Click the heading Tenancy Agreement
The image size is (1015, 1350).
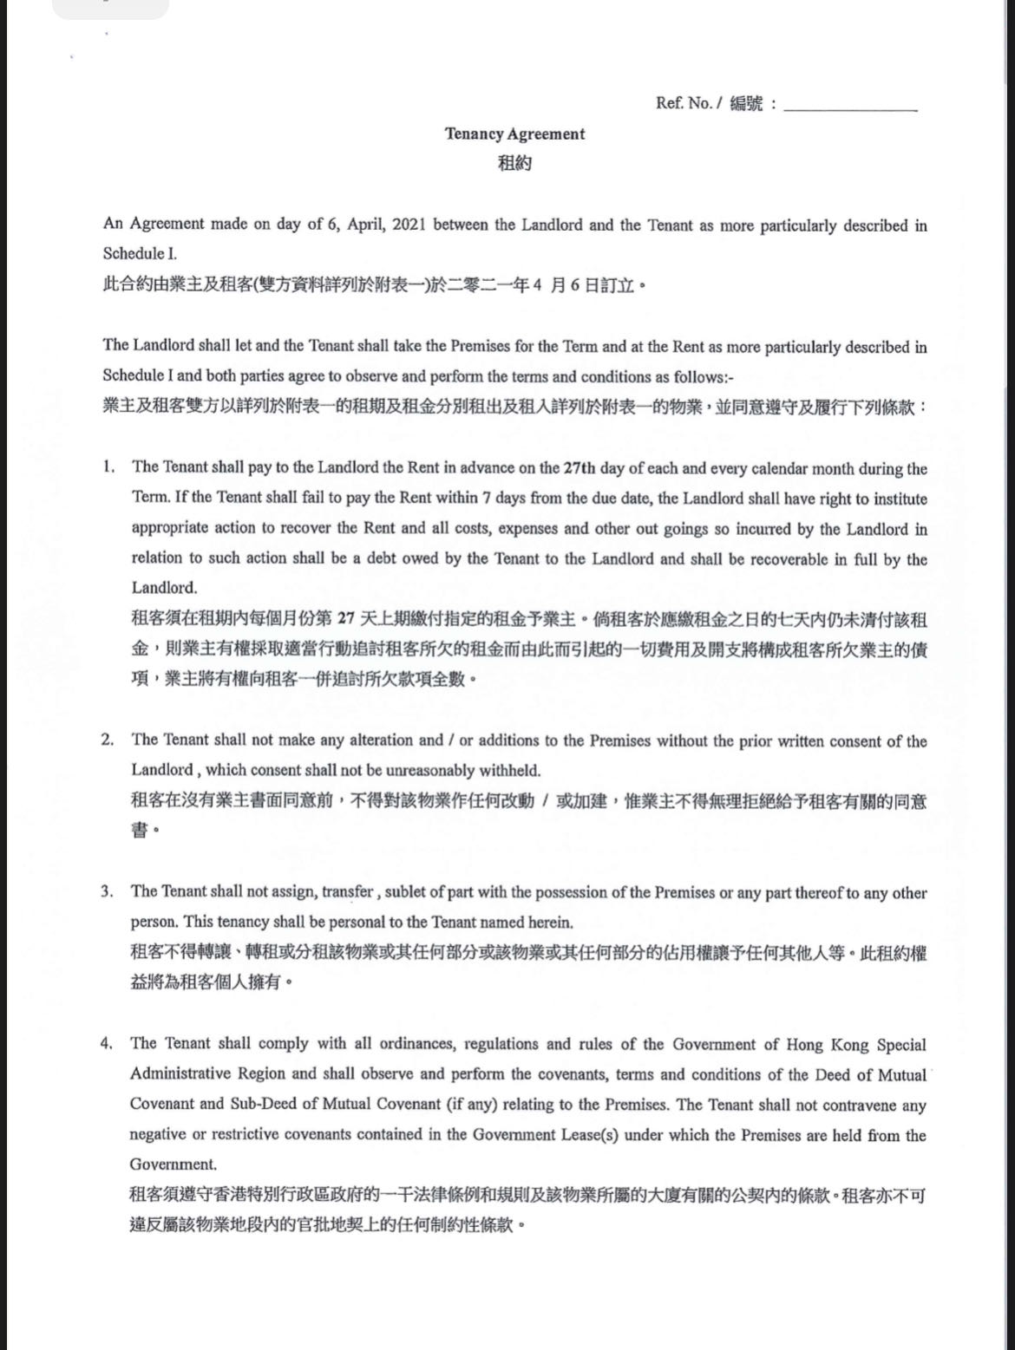514,134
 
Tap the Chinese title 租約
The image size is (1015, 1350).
514,162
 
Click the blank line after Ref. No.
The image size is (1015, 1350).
849,107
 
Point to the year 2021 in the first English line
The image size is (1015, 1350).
408,225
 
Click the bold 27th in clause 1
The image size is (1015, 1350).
579,468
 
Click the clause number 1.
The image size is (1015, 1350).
108,466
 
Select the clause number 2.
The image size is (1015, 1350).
108,740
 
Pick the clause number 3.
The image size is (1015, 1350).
108,891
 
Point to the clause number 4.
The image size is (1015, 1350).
108,1043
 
